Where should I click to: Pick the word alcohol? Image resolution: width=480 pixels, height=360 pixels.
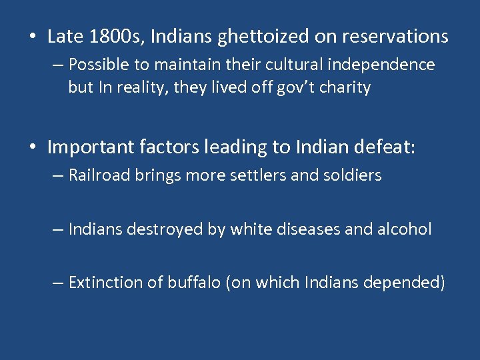[x=406, y=230]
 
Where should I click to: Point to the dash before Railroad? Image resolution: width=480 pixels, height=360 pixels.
[x=59, y=177]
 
